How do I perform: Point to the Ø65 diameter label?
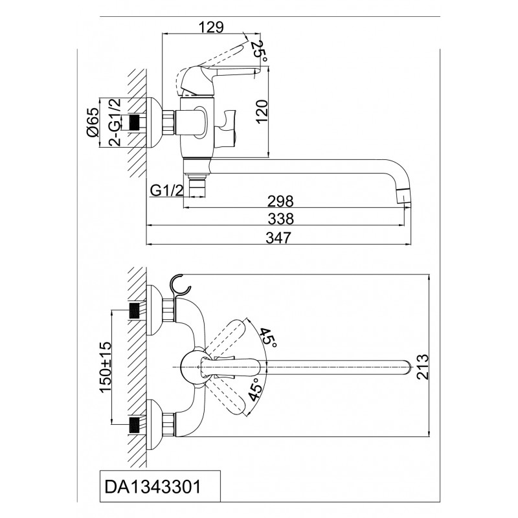point(93,122)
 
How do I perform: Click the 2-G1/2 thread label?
point(115,122)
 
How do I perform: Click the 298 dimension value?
point(281,201)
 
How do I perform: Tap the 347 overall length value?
point(281,237)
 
